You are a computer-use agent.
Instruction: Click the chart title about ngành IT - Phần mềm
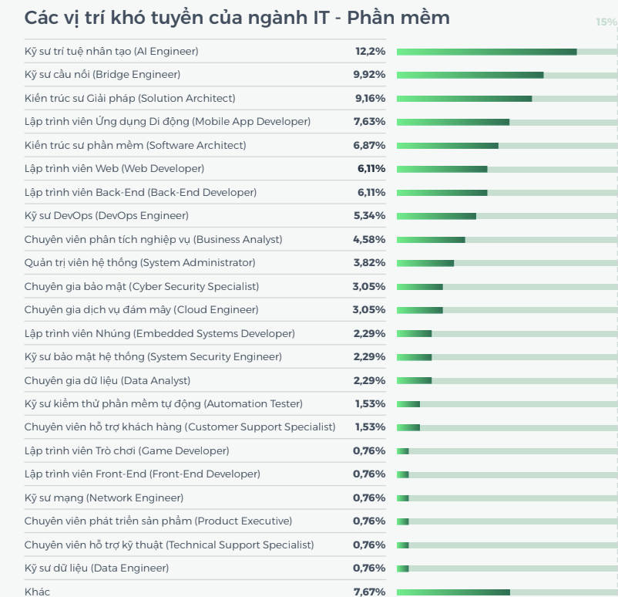coord(237,18)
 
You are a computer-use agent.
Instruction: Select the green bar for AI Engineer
coord(486,52)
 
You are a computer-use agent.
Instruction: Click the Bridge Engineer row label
coord(102,75)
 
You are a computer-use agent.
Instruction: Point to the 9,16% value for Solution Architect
coord(370,99)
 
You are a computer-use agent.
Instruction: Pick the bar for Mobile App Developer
coord(453,122)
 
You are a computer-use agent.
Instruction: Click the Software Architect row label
coord(135,145)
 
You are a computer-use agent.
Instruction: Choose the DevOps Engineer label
coord(106,216)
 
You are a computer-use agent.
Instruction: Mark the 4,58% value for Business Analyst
coord(369,240)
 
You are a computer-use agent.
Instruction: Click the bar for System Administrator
coord(425,263)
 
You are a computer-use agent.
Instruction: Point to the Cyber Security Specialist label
coord(142,287)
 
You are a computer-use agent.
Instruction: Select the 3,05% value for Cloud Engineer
coord(369,310)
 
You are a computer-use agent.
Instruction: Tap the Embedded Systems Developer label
coord(160,334)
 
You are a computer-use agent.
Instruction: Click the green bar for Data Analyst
coord(414,380)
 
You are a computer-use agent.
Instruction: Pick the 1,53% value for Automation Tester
coord(370,404)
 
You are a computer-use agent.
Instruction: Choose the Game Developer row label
coord(126,451)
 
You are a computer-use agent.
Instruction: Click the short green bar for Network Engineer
coord(402,498)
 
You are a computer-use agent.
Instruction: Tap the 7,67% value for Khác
coord(369,592)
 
